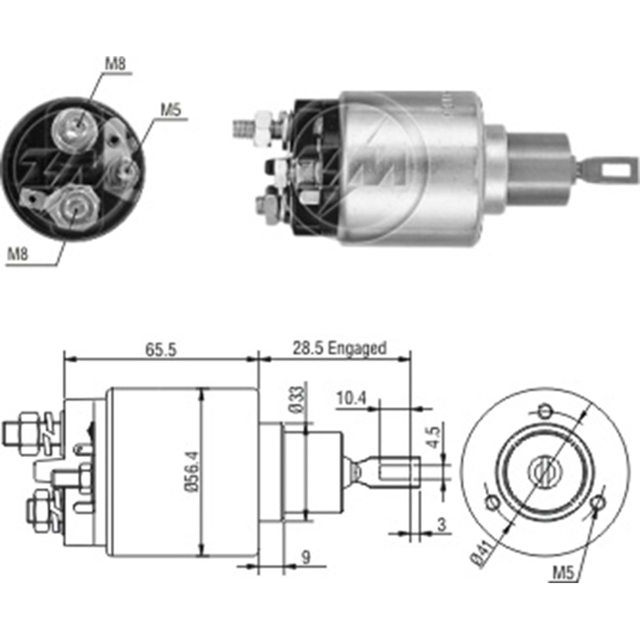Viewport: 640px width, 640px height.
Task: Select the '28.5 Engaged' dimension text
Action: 339,348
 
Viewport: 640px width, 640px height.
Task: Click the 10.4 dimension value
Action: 351,399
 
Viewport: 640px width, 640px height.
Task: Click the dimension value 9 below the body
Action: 306,558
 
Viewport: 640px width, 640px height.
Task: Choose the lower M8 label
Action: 19,255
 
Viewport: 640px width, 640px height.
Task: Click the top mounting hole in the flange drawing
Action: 545,410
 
